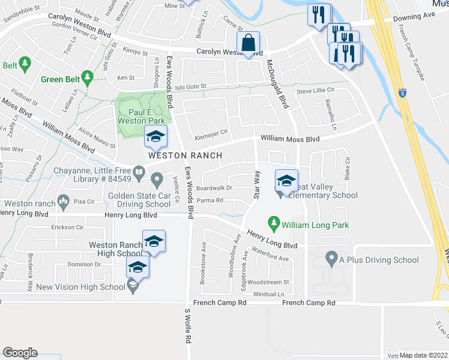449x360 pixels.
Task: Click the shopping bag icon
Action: coord(248,43)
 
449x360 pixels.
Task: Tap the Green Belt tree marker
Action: coord(88,77)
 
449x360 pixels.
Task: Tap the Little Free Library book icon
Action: coord(139,174)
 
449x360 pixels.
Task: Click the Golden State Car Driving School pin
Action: coord(157,178)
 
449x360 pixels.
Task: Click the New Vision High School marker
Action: coord(133,287)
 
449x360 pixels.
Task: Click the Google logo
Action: coord(20,353)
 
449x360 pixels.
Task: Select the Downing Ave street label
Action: coord(414,19)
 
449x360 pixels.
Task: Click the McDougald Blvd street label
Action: coord(278,83)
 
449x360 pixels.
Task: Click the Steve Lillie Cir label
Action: coord(315,91)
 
